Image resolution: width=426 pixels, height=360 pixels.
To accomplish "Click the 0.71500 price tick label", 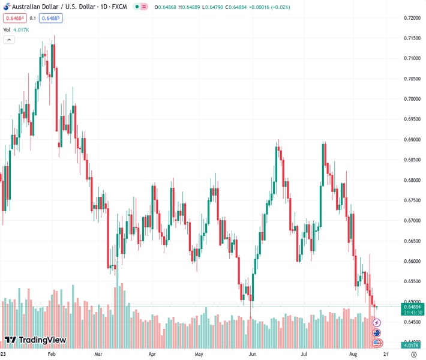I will tap(411, 38).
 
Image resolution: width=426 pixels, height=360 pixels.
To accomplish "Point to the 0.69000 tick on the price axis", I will tap(411, 140).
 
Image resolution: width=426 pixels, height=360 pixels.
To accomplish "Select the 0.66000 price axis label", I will tap(411, 262).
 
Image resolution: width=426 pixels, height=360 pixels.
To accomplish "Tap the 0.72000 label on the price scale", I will tap(411, 18).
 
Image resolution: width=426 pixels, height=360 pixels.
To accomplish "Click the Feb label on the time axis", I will tap(51, 354).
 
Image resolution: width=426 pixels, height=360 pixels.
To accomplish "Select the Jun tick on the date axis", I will tap(254, 354).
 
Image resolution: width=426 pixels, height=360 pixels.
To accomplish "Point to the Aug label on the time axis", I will tap(354, 354).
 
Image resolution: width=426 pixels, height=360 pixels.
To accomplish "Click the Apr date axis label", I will tap(152, 354).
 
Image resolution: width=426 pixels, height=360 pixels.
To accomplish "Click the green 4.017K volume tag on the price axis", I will tap(412, 345).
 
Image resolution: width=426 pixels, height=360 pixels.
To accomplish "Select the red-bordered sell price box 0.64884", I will tap(14, 18).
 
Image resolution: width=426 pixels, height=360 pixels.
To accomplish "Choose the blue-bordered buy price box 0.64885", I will tap(50, 18).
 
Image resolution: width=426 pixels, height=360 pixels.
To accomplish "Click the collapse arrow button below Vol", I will tap(9, 40).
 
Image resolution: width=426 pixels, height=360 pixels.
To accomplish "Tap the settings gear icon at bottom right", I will tap(413, 354).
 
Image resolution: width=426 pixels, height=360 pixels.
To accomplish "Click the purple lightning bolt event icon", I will tap(377, 323).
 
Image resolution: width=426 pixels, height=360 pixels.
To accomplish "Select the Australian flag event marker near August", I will tap(377, 333).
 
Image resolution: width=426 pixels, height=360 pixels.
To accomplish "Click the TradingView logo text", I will tap(42, 340).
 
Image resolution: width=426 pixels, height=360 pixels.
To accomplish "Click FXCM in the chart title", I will tap(120, 7).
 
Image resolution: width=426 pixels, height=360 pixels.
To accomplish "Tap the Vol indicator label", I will tap(7, 29).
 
